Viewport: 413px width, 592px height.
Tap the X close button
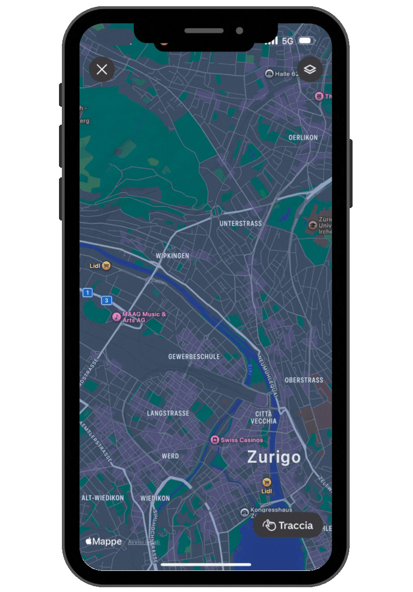102,70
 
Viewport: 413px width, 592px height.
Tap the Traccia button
288,525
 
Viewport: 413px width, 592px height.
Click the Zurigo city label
274,457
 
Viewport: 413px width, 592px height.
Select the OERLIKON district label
303,138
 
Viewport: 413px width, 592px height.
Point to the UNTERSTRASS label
241,223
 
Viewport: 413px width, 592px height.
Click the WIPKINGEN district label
172,256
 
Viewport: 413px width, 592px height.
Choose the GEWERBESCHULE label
194,357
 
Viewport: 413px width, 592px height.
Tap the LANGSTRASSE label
168,413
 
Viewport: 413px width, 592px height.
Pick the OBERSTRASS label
304,380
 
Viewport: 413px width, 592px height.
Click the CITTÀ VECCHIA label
263,417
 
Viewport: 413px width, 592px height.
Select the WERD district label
170,456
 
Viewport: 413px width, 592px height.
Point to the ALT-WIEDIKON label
103,498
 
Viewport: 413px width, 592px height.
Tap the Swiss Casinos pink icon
215,440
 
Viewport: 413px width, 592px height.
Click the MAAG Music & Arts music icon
116,317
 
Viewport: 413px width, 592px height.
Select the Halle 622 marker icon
269,74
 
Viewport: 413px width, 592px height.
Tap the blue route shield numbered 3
106,301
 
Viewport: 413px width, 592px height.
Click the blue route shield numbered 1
87,292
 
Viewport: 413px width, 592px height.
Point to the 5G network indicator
287,41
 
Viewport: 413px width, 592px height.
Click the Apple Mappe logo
104,541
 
